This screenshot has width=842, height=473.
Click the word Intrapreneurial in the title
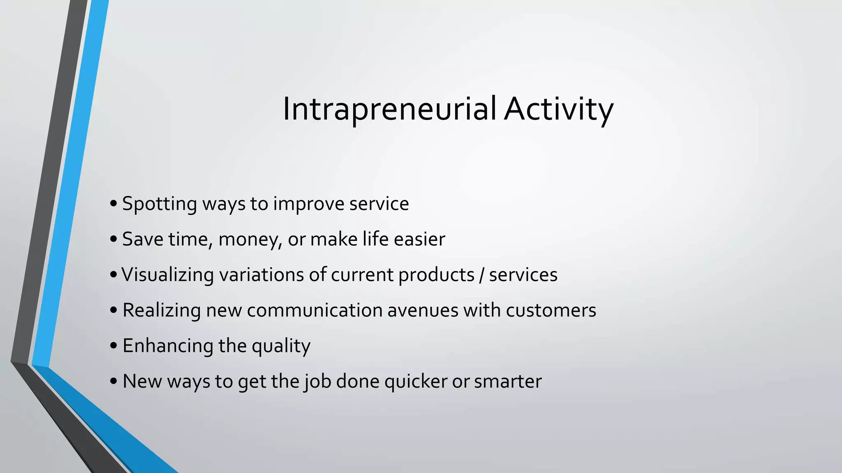[x=389, y=109]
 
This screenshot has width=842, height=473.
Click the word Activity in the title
[x=559, y=109]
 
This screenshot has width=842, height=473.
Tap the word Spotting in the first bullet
[x=160, y=204]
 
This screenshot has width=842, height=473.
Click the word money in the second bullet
[x=249, y=239]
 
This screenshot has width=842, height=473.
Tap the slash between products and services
[x=481, y=275]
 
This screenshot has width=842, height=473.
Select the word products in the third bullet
[x=436, y=275]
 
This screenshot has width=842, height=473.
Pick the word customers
[x=551, y=310]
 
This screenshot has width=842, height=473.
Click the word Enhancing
[x=167, y=346]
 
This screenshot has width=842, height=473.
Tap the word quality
[x=281, y=346]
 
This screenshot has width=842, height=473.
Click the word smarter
[x=508, y=381]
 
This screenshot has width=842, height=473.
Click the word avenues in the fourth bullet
[x=423, y=310]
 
